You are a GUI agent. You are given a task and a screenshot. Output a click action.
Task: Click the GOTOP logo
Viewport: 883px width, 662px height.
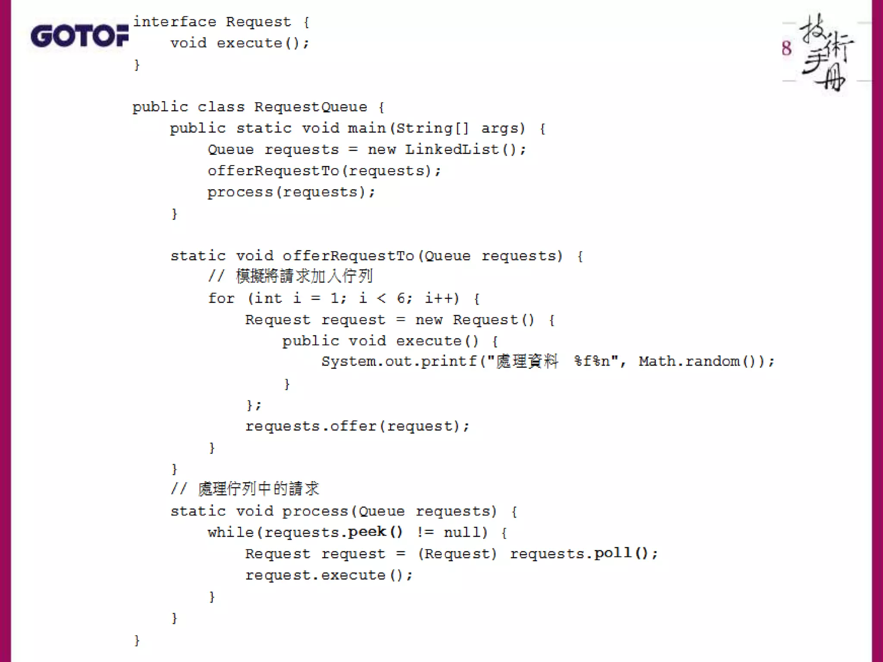80,36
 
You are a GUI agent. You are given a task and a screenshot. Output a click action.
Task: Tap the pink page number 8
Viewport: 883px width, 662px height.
786,48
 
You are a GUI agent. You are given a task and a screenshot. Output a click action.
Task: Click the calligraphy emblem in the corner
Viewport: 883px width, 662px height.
825,53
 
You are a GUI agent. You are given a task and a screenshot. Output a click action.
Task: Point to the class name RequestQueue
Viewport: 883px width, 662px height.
310,107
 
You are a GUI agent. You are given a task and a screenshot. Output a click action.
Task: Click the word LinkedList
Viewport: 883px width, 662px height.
451,150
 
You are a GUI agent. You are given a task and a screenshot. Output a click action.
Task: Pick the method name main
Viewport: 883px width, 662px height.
366,128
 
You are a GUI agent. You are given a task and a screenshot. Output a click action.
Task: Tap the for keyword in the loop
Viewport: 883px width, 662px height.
221,298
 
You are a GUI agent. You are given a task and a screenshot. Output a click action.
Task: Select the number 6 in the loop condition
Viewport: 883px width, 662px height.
401,298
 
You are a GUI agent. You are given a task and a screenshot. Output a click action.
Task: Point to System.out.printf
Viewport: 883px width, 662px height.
398,362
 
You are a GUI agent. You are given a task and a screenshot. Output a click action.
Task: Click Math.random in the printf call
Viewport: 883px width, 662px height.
689,362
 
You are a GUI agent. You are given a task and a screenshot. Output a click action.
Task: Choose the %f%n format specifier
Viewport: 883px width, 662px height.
592,362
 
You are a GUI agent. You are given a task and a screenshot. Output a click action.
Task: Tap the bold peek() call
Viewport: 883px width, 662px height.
375,532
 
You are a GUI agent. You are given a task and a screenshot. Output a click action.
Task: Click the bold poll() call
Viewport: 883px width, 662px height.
621,553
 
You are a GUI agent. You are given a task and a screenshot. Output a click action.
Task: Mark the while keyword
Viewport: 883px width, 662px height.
231,533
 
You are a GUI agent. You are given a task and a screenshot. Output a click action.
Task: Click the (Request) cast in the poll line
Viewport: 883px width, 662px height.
457,554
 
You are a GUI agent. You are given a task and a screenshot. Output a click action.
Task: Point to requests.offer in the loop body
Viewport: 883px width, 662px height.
311,426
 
